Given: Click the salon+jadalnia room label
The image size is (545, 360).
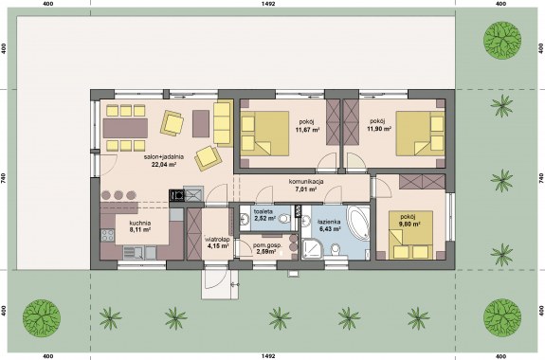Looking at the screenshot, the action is pos(164,156).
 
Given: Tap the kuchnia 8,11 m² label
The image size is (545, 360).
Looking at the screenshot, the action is pos(139,226).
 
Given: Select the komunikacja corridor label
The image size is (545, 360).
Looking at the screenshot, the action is pos(306,182).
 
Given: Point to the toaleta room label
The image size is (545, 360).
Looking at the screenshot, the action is pos(263,211).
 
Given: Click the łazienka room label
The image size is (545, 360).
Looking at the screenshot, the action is pos(330,222).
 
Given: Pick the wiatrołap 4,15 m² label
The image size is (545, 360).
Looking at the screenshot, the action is pos(218,243).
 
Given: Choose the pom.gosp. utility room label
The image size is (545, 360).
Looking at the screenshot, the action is pos(267,245).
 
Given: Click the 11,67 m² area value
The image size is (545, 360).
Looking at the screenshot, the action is pos(307,131).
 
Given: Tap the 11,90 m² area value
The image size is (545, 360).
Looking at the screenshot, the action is pos(379,129).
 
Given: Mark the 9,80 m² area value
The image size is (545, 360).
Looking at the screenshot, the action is pos(409,225).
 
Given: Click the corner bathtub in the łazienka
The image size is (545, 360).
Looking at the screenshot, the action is pos(357,223).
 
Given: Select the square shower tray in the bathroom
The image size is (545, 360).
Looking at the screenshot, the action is pos(313,248).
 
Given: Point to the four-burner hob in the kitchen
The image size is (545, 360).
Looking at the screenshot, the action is pos(107,235).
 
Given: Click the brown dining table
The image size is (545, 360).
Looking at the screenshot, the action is pos(125,128).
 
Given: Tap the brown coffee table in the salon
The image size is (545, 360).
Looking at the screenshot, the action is pos(201,123).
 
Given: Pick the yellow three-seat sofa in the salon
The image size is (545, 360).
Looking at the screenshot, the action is pos(223,123).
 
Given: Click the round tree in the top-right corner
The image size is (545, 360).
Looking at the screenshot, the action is pos(502,40).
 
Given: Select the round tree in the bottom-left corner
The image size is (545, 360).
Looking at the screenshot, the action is pos(42,318).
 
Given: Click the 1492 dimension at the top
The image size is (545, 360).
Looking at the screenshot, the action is pos(271,4).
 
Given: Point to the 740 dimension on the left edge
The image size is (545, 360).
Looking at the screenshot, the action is pos(4,179).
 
